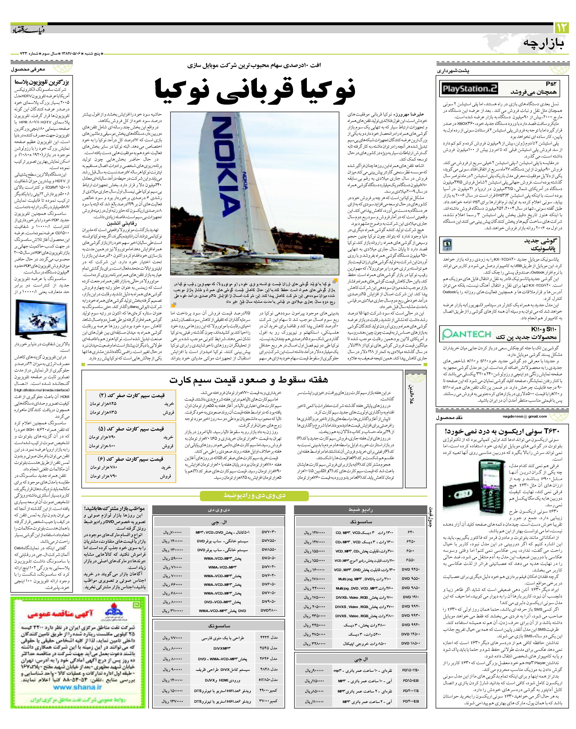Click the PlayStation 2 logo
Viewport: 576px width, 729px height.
[x=470, y=89]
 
